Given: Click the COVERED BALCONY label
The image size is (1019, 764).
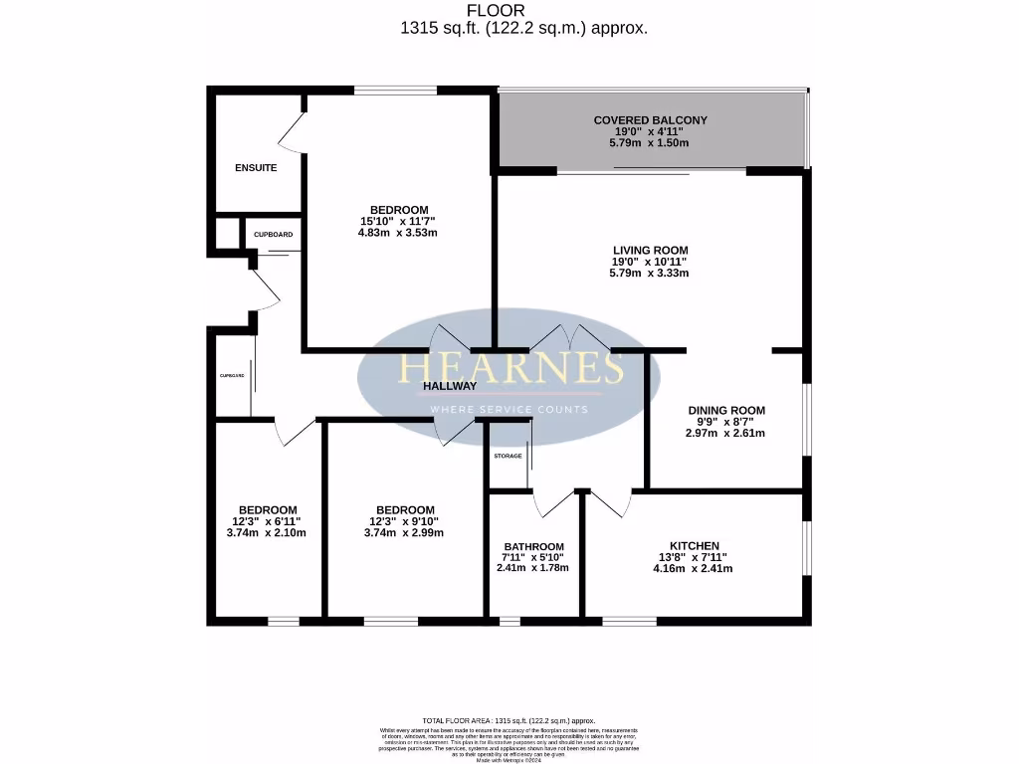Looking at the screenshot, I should (x=650, y=120).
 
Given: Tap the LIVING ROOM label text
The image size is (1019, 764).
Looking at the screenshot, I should (x=649, y=251).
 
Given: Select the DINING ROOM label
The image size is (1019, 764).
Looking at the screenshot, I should (x=725, y=410).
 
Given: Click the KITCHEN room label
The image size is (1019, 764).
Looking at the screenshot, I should (x=694, y=546).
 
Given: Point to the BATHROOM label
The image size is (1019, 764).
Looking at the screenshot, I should (x=533, y=546).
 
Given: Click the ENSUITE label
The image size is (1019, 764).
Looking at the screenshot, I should (x=256, y=168).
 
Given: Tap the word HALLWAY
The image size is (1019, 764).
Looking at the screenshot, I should (x=450, y=386).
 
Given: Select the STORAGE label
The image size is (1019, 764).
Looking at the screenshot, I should (x=508, y=456).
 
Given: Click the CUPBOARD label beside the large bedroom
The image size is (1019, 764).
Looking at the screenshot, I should (x=273, y=235).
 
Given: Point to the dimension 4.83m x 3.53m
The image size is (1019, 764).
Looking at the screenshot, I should (x=397, y=233).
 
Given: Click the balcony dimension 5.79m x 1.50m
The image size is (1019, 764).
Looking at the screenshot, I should (x=649, y=143).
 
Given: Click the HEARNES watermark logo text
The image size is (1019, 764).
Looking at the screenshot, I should (x=510, y=368).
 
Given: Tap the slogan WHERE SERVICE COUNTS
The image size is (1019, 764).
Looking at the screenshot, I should (x=509, y=410).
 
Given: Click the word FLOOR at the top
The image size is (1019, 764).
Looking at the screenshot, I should (x=496, y=10).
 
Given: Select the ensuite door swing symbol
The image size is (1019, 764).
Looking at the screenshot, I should (x=289, y=129).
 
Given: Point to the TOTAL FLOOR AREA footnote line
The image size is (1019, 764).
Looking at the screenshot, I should (x=509, y=720).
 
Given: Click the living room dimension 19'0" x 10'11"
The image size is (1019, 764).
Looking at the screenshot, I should (x=649, y=262).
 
